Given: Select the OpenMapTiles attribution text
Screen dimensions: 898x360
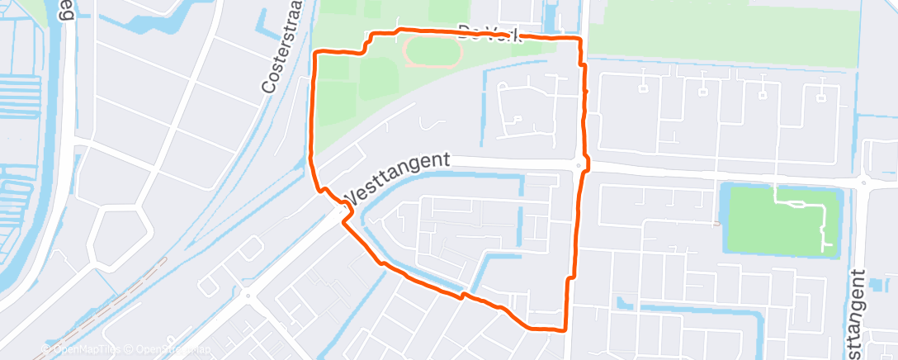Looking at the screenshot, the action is tap(82, 349).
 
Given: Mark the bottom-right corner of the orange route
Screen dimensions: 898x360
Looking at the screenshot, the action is tap(564, 330).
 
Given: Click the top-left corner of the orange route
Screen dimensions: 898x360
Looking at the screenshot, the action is tap(318, 53).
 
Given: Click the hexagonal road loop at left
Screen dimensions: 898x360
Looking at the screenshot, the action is tap(119, 235).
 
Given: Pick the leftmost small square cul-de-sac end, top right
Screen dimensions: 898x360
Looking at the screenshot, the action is tap(641, 87).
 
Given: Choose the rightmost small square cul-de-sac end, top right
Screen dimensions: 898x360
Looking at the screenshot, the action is tap(822, 98).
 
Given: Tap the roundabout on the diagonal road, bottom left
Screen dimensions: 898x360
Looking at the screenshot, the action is tap(247, 295).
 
